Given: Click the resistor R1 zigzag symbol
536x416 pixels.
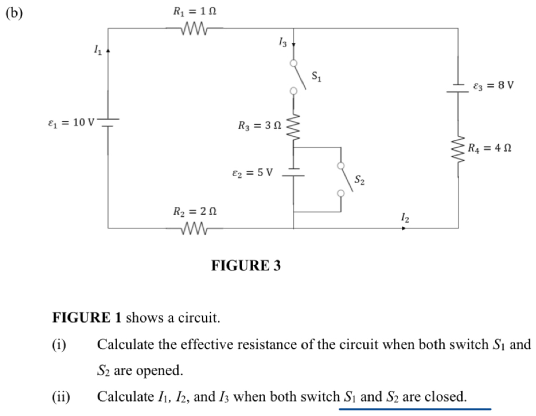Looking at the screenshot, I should click(x=195, y=28).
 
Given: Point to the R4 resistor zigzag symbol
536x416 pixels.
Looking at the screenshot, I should click(x=458, y=149).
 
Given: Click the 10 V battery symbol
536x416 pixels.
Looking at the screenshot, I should click(x=108, y=122).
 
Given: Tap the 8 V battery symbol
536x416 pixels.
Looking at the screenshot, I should click(x=458, y=88).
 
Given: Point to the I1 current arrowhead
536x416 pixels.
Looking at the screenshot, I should click(x=108, y=51).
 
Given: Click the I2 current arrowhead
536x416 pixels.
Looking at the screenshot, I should click(x=404, y=228).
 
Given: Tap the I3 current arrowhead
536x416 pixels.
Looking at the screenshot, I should click(x=294, y=44).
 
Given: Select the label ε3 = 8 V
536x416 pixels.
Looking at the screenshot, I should click(x=493, y=85).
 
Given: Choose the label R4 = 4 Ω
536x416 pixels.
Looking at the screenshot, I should click(x=489, y=148).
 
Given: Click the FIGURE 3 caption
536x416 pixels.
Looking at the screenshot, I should click(x=246, y=265).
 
